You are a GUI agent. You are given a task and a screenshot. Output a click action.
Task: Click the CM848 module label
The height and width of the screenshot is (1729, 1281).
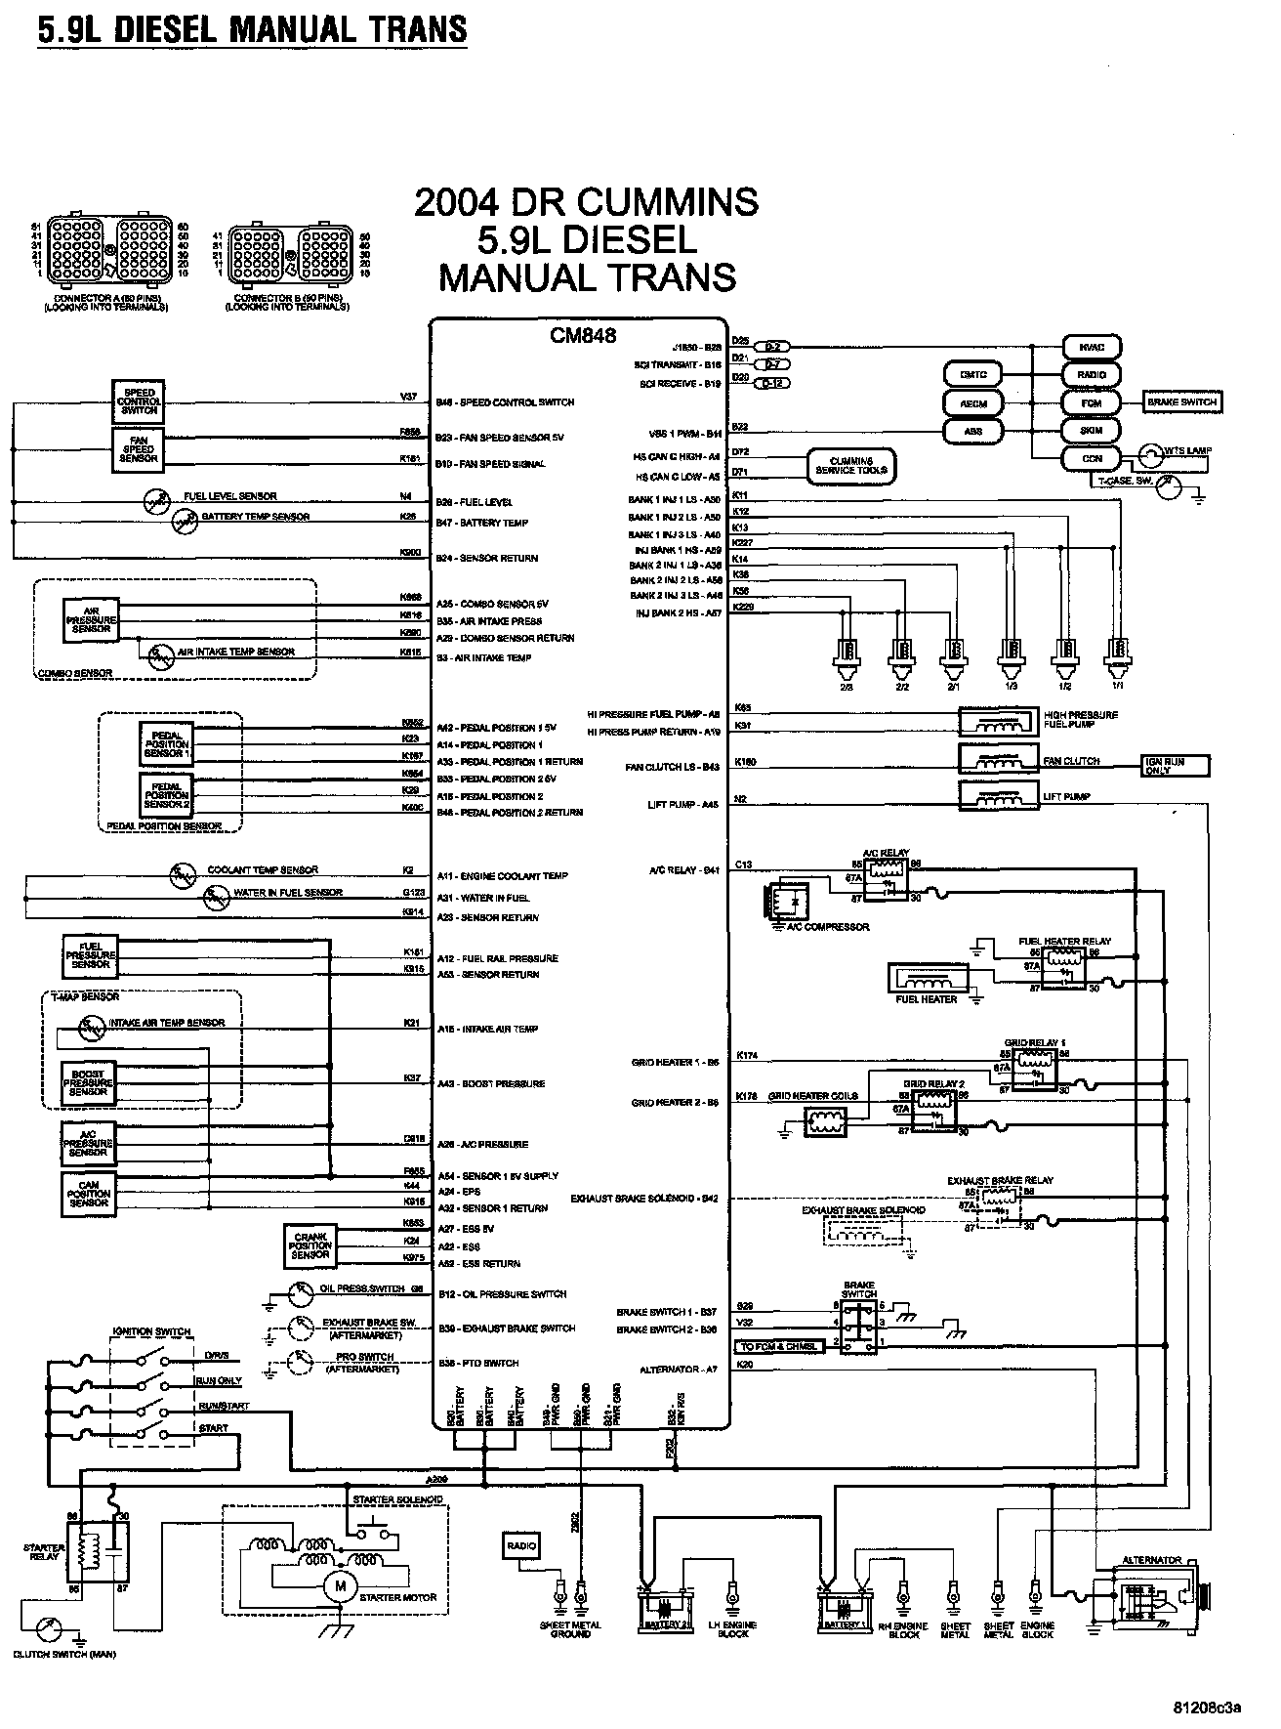[x=583, y=336]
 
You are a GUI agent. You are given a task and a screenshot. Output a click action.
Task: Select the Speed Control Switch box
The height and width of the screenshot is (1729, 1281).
[x=140, y=401]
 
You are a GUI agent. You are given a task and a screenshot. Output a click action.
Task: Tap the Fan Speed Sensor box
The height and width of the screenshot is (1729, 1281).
[x=140, y=449]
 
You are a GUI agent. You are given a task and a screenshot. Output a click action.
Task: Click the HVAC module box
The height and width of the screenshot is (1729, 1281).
[x=1092, y=347]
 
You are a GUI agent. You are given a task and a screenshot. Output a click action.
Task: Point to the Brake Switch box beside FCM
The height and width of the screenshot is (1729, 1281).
[x=1182, y=401]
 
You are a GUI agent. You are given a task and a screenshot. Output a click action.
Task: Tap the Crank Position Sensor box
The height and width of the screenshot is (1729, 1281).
[x=310, y=1245]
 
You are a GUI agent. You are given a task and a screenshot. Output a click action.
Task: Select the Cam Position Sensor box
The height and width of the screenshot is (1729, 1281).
[x=89, y=1195]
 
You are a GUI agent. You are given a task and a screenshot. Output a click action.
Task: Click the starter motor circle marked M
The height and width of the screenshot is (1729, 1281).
[x=341, y=1586]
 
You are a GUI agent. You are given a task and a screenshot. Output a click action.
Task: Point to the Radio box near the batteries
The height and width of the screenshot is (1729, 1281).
[x=521, y=1545]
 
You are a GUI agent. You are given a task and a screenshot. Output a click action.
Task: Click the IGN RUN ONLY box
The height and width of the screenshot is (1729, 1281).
[x=1176, y=766]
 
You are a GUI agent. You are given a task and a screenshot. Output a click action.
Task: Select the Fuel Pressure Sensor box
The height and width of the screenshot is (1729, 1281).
[x=91, y=955]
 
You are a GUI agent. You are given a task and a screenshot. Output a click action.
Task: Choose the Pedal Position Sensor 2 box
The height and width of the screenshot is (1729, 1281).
[x=167, y=796]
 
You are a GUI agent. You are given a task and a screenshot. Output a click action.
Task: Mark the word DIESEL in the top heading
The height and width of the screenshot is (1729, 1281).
[x=168, y=29]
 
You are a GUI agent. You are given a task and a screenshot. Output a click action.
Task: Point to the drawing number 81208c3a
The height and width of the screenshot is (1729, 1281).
[x=1207, y=1708]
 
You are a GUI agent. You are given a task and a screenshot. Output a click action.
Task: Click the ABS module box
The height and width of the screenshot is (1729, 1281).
[x=973, y=431]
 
